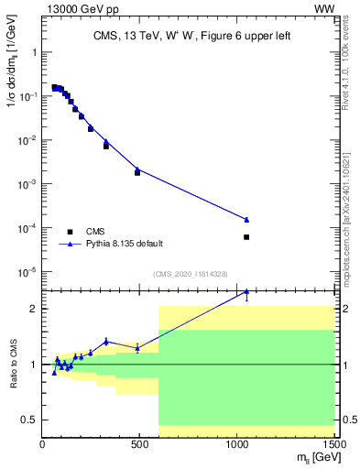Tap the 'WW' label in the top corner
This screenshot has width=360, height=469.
click(324, 9)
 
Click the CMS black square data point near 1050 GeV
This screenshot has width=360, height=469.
click(246, 237)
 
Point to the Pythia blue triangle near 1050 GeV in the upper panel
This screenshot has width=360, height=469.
click(246, 219)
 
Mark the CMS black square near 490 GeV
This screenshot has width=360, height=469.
click(137, 172)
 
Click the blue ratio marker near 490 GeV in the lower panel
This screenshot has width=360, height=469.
click(137, 348)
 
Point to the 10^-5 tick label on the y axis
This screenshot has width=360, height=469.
click(27, 272)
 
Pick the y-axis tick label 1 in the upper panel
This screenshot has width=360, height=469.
click(33, 52)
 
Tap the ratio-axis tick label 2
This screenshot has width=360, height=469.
click(34, 309)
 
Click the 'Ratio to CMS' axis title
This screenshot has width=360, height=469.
click(13, 364)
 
